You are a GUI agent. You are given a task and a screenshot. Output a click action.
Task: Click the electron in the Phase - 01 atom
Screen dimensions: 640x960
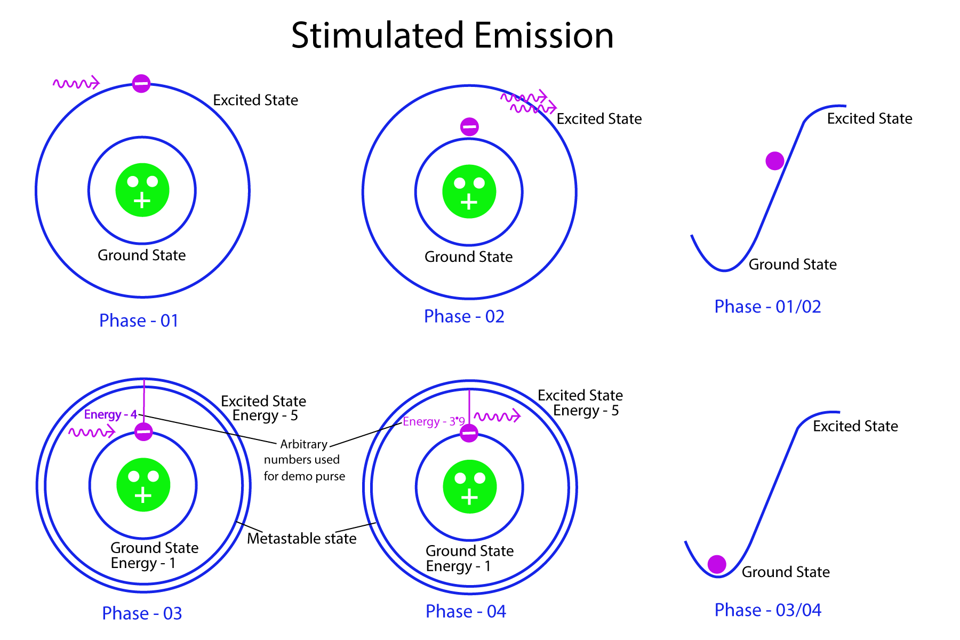[x=141, y=83]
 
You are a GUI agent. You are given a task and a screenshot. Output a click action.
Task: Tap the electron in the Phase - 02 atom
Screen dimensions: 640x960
[x=469, y=127]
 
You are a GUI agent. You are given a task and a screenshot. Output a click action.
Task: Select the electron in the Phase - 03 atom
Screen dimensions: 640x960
[x=143, y=431]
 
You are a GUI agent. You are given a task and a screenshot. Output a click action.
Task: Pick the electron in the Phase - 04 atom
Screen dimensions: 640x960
[x=469, y=433]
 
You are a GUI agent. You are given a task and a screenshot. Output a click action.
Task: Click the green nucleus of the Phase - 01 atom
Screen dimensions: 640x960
[x=142, y=190]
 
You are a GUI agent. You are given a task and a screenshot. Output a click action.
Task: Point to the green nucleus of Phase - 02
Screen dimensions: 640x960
[x=469, y=191]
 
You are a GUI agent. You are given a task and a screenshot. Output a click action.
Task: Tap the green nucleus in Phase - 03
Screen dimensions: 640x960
[x=143, y=485]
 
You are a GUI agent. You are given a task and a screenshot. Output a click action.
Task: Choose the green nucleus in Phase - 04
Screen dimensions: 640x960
[x=470, y=486]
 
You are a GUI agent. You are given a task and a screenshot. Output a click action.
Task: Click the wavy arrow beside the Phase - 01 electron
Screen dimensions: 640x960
[x=76, y=83]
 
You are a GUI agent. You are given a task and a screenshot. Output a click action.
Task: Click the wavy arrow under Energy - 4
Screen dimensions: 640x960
[x=92, y=431]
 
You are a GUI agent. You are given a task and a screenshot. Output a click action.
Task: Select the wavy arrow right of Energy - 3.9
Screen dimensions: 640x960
[x=497, y=416]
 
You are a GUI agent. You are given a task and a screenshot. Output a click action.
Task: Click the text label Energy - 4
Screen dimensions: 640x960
[x=110, y=414]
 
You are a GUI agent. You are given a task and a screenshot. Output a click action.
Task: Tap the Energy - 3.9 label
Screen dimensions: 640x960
[x=434, y=421]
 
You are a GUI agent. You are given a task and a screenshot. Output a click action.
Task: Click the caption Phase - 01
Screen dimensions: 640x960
[x=139, y=321]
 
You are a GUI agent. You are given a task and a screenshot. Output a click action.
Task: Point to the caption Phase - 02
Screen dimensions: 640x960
[x=464, y=316]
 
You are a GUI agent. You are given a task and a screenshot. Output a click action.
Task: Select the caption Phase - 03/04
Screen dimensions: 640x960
[x=767, y=610]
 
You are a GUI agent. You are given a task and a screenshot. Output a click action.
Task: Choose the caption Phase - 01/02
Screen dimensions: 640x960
[x=767, y=307]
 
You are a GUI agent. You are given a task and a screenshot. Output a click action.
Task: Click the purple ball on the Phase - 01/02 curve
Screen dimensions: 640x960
[x=775, y=161]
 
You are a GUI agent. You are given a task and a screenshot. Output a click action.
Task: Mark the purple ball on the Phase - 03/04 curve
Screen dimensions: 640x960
[x=717, y=564]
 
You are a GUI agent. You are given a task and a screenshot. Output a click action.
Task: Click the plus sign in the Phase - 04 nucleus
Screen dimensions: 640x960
[x=469, y=498]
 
